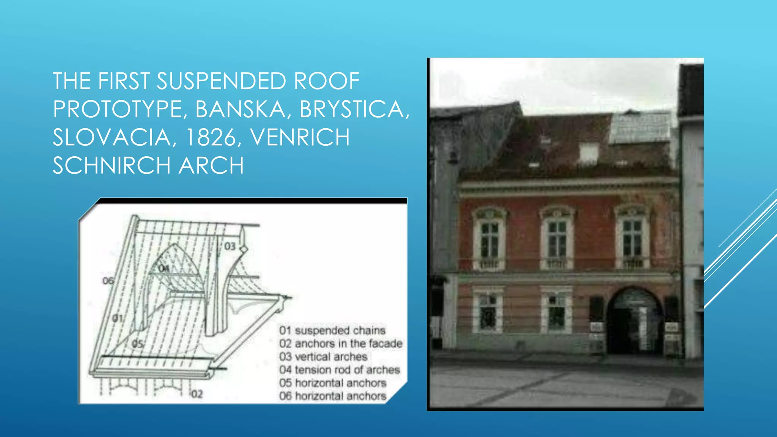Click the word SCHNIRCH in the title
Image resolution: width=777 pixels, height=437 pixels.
(112, 165)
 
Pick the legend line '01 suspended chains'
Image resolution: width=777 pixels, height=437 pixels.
(332, 330)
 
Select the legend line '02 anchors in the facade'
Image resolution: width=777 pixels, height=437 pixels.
(341, 344)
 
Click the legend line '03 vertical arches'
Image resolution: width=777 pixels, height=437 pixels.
(323, 357)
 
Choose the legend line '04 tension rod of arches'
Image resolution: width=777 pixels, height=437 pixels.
(340, 370)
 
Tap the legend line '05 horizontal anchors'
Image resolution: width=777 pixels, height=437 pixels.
(333, 383)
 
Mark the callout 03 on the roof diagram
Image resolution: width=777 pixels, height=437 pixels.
(230, 247)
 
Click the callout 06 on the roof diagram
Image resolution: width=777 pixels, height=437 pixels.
(108, 281)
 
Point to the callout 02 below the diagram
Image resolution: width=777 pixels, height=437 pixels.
(197, 394)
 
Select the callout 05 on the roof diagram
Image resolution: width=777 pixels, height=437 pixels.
(138, 344)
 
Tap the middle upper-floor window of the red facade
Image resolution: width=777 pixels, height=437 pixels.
(557, 239)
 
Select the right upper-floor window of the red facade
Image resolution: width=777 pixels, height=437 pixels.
(632, 238)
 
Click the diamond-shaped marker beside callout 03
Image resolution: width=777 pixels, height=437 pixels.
(244, 249)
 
